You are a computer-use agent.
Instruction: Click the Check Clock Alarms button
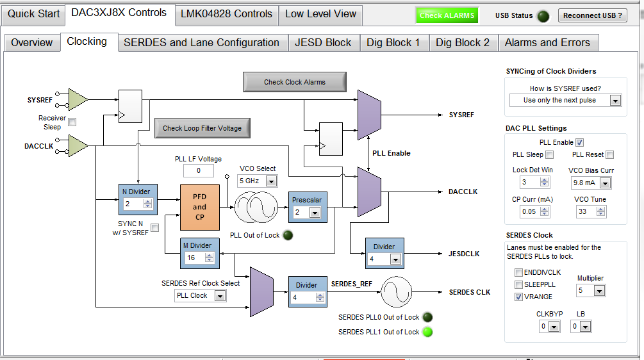(x=294, y=82)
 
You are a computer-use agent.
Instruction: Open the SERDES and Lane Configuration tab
(x=201, y=43)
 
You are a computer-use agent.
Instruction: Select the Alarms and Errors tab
(x=547, y=43)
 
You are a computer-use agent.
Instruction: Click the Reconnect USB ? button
(x=593, y=15)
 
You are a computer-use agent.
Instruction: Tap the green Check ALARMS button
(x=447, y=15)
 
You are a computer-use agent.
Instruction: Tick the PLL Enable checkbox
(x=579, y=142)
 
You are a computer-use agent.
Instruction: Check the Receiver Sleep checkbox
(x=72, y=122)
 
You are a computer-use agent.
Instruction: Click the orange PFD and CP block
(x=199, y=207)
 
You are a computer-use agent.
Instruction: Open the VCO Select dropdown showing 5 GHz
(x=258, y=181)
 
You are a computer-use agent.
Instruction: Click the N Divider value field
(x=135, y=204)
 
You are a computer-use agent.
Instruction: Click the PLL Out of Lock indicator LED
(x=288, y=235)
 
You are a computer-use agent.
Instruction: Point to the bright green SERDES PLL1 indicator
(x=427, y=332)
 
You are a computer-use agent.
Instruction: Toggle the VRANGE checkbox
(x=518, y=297)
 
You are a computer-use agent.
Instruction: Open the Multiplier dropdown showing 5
(x=590, y=291)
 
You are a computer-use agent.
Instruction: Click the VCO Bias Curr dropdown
(x=591, y=183)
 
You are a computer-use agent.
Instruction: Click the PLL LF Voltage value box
(x=199, y=171)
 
